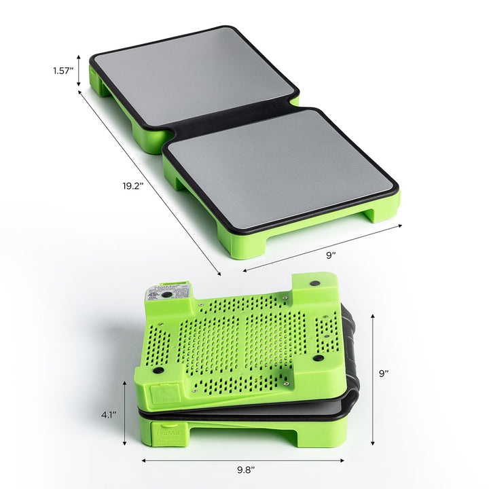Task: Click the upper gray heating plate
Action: point(193,76)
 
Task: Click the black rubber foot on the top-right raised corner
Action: point(316,283)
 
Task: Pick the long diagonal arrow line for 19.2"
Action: point(149,183)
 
